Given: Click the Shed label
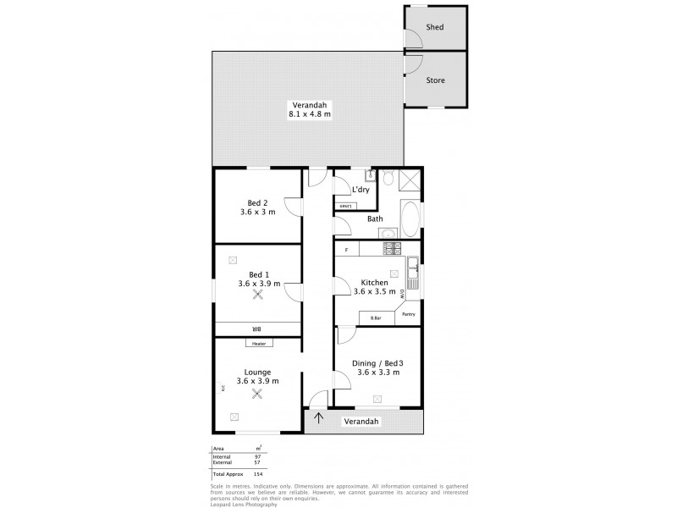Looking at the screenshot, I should (x=435, y=27).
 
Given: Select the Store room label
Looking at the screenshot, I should (x=435, y=80).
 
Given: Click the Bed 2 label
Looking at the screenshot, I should (x=257, y=202).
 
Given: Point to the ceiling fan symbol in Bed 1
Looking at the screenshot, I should (x=257, y=294).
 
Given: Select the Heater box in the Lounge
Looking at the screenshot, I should (x=258, y=343).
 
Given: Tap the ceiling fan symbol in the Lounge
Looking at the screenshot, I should (x=257, y=392).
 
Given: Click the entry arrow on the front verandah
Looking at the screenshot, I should (x=319, y=417).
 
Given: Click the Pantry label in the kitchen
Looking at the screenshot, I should (x=408, y=314).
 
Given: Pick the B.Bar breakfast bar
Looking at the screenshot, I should (x=377, y=318).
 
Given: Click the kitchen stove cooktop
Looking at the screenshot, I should (x=393, y=248).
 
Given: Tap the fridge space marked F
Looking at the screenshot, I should (x=347, y=250).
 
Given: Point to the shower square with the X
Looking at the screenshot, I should (x=410, y=179).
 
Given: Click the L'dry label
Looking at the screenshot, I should (x=361, y=190).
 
